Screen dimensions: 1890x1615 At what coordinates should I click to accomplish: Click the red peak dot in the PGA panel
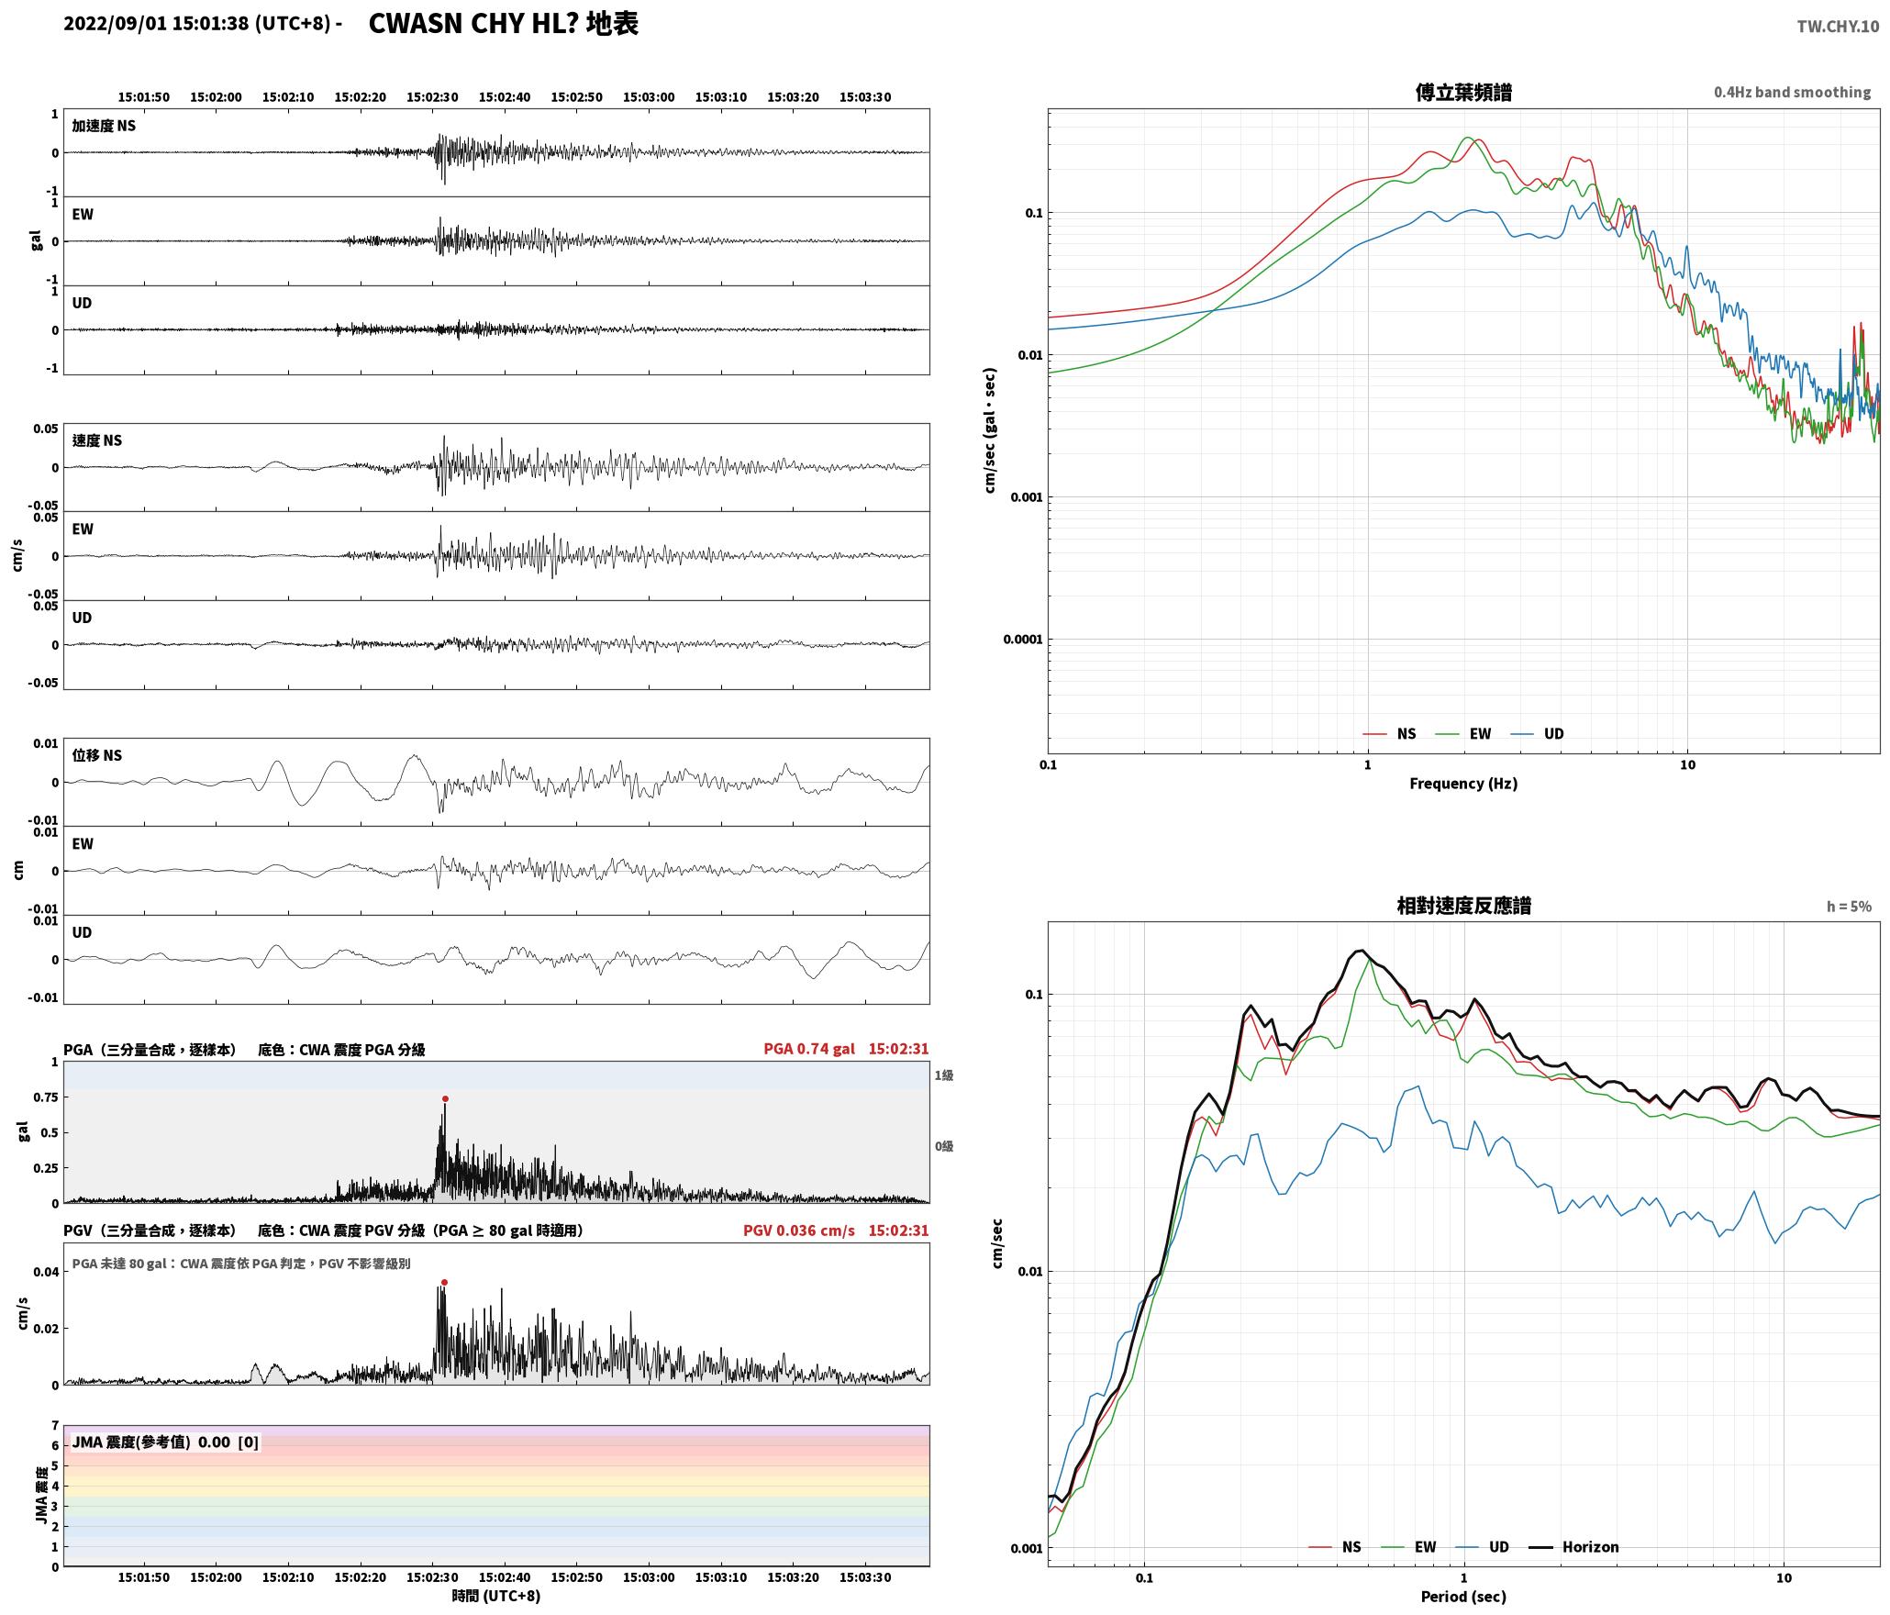coord(445,1098)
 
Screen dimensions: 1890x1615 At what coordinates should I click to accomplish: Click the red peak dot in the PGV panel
coord(444,1282)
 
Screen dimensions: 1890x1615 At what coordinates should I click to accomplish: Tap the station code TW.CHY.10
coord(1838,27)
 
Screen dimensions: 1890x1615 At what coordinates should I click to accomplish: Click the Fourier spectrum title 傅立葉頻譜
coord(1463,93)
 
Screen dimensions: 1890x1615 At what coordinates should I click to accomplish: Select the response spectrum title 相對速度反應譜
coord(1463,906)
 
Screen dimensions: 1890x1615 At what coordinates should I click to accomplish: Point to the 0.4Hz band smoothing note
coord(1792,92)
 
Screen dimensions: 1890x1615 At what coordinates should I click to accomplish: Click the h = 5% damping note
coord(1849,907)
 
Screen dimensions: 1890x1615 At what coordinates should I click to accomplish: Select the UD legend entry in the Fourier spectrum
coord(1538,734)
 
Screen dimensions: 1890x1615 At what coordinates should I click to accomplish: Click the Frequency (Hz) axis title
coord(1463,784)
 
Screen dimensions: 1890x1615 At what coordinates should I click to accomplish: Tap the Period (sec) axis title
coord(1463,1597)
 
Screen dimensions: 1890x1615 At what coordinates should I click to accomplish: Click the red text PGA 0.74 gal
coord(809,1049)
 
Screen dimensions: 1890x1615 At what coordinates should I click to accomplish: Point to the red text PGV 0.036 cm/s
coord(799,1231)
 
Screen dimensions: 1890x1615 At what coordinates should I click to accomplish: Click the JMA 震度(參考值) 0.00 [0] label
coord(165,1442)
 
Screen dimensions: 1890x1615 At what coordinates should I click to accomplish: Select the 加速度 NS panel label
coord(104,126)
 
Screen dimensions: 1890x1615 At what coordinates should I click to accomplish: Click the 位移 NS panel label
coord(97,755)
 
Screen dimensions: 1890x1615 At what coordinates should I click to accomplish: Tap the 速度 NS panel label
coord(97,440)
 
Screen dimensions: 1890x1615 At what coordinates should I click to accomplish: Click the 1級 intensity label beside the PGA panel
coord(944,1075)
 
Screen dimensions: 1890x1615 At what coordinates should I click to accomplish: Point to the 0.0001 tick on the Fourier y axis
coord(1023,640)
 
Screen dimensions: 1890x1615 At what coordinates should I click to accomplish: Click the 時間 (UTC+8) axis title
coord(496,1596)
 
